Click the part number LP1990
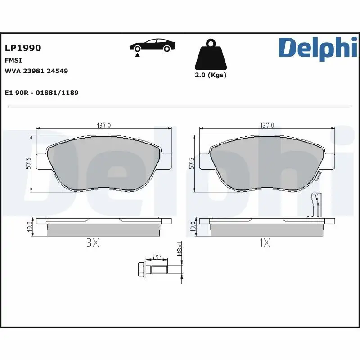pyautogui.click(x=22, y=48)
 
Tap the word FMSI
pyautogui.click(x=13, y=60)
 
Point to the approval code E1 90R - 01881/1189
pyautogui.click(x=41, y=93)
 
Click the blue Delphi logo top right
pyautogui.click(x=315, y=48)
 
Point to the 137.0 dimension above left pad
pyautogui.click(x=104, y=125)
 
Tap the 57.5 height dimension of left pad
pyautogui.click(x=28, y=163)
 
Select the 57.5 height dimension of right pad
pyautogui.click(x=191, y=163)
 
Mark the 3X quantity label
pyautogui.click(x=92, y=243)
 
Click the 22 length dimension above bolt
pyautogui.click(x=157, y=257)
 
